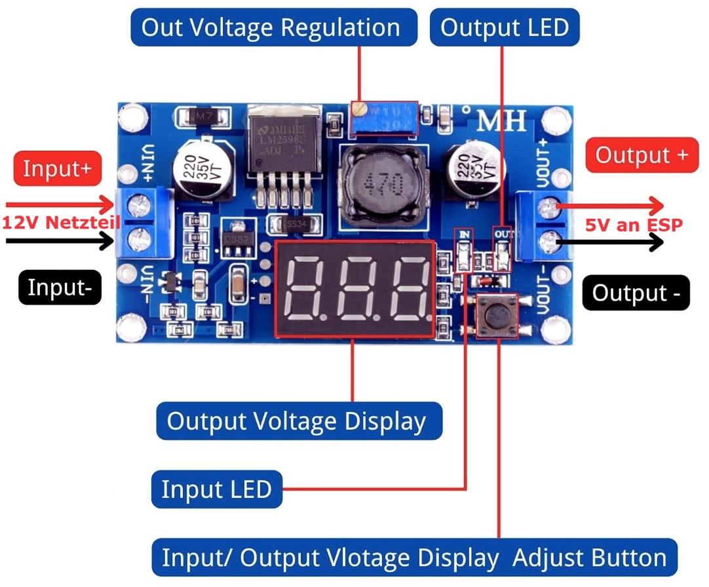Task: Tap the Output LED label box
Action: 505,28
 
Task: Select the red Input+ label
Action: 58,168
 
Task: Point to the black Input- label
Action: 58,288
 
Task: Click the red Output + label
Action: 642,155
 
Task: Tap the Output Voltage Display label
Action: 299,421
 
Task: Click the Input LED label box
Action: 216,489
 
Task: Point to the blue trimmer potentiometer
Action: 385,119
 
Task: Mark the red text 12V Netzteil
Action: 61,222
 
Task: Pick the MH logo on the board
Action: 501,121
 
